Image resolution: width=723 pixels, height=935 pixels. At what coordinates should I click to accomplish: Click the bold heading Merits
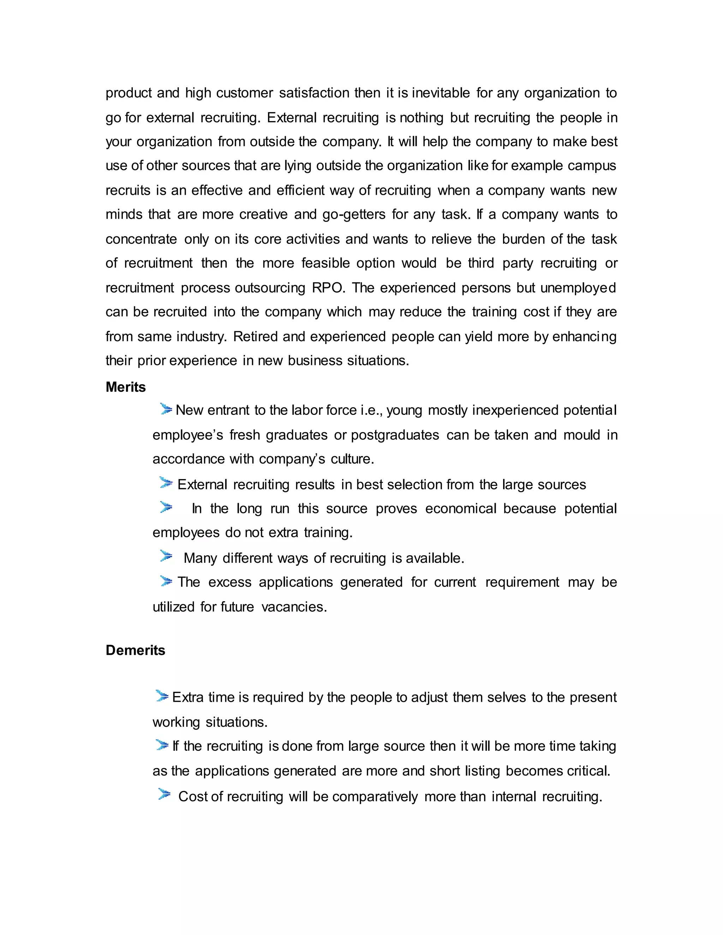125,387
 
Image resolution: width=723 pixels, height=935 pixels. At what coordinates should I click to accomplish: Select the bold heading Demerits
135,650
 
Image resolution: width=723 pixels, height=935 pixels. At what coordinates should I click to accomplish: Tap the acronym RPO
328,288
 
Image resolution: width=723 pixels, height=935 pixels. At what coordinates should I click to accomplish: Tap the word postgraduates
395,435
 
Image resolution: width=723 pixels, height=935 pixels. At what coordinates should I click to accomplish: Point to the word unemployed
578,288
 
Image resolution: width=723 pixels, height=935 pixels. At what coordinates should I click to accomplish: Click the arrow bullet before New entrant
166,409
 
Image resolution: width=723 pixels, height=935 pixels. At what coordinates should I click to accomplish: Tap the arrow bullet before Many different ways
166,556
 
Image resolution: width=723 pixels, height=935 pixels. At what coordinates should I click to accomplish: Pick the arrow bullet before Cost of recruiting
165,794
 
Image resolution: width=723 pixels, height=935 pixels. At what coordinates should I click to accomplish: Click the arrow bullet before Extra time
162,696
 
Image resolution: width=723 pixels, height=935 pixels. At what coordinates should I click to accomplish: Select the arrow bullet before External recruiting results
166,483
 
